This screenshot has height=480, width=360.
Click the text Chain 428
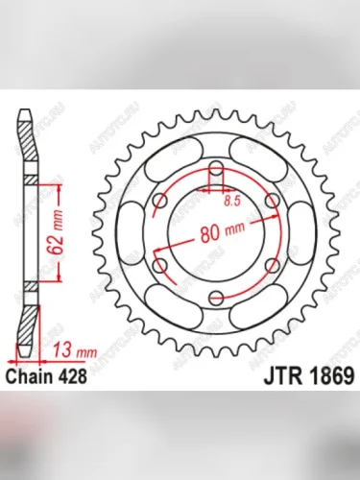[x=46, y=377]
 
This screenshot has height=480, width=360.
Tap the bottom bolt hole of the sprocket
[x=218, y=295]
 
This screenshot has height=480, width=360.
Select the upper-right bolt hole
[x=271, y=203]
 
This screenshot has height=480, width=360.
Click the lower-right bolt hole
[x=271, y=264]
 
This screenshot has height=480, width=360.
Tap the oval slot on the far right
[x=304, y=233]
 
